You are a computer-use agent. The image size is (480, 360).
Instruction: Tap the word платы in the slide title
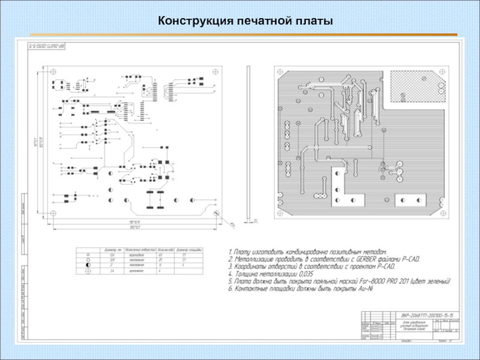tap(313, 22)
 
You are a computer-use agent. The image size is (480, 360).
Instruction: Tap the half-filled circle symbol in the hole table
tap(88, 265)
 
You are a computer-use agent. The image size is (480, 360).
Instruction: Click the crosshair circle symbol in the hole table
tap(88, 271)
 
